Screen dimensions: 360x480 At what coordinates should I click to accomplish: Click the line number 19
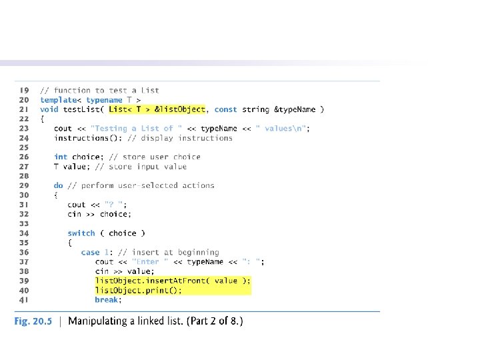point(24,90)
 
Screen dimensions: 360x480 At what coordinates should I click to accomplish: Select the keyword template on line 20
point(58,100)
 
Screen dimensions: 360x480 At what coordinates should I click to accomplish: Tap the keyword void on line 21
point(49,109)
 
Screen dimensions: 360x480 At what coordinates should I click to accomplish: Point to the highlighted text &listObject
point(180,109)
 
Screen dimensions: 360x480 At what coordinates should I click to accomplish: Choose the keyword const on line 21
point(226,109)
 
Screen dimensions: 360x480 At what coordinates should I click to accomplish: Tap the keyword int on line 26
point(61,157)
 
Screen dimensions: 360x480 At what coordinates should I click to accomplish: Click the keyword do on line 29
point(59,185)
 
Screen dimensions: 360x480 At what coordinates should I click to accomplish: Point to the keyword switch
point(81,233)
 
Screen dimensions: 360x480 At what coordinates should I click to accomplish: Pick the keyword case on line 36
point(90,253)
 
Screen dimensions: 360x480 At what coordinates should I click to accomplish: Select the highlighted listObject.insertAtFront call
point(173,281)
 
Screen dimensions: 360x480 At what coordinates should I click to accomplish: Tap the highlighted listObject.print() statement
point(138,291)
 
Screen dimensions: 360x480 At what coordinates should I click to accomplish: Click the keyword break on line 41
point(108,300)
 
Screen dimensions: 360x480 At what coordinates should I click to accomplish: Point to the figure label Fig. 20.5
point(33,321)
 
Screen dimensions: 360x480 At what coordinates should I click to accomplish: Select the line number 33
point(24,224)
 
